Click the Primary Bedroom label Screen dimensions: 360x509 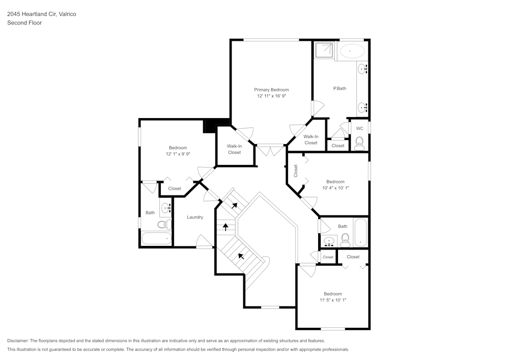(271, 90)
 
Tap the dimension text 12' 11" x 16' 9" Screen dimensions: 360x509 (271, 96)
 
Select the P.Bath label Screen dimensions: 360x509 (340, 89)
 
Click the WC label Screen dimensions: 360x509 (359, 128)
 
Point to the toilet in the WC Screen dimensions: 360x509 (359, 142)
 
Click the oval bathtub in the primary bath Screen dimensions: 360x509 (352, 51)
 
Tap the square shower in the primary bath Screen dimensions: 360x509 (324, 51)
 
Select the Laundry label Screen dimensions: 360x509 (195, 217)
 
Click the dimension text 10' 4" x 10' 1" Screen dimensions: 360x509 (335, 188)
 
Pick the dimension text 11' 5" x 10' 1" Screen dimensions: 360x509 (333, 300)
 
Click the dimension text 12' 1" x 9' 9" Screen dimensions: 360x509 (178, 154)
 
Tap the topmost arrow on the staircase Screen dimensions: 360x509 (235, 206)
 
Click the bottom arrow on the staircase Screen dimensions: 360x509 (241, 256)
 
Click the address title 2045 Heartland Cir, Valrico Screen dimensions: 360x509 (41, 14)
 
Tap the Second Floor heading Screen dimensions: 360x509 (24, 23)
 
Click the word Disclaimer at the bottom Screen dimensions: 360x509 (18, 341)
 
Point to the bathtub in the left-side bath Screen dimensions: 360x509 (156, 238)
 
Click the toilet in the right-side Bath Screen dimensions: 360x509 (345, 239)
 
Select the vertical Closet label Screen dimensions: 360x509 (295, 171)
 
